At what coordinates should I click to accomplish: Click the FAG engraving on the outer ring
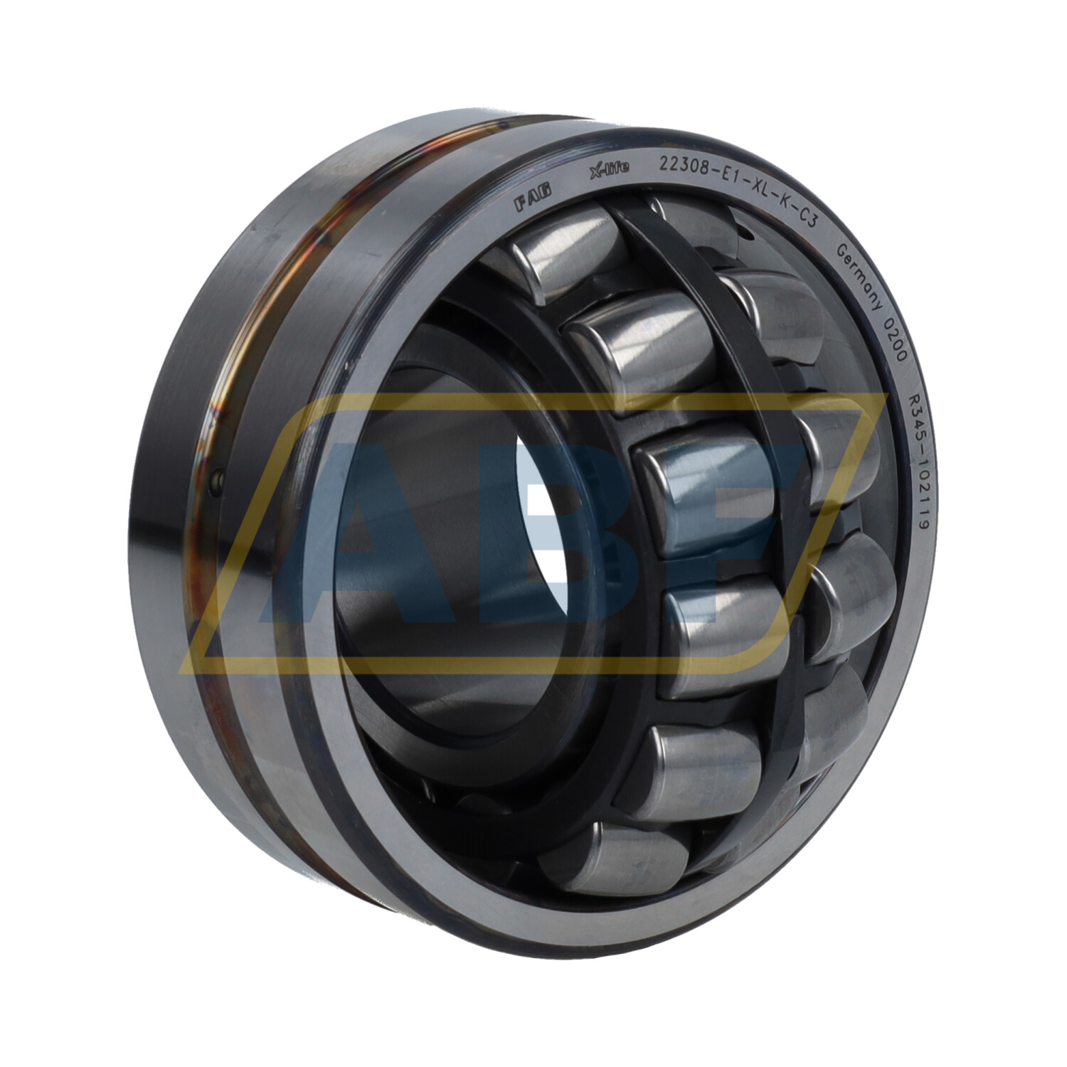coord(532,201)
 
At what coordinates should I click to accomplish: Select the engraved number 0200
coord(898,340)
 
